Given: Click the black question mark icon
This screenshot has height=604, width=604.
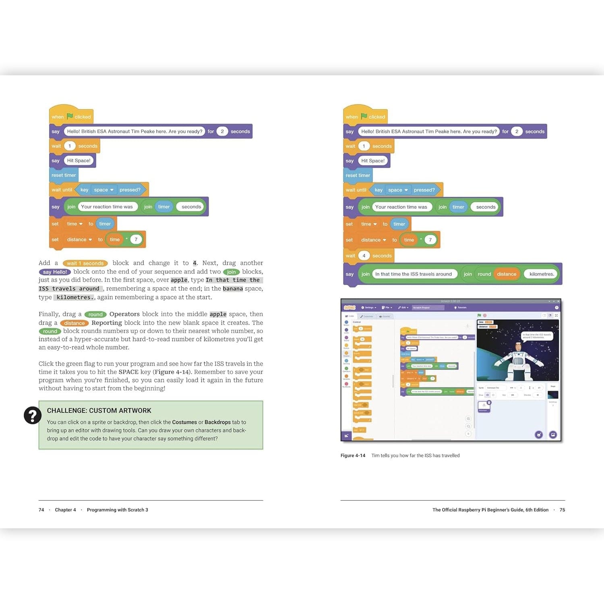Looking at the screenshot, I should [33, 415].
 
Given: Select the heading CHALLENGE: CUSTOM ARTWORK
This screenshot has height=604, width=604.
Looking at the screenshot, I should [99, 410].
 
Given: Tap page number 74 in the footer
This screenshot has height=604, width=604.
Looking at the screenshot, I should [41, 510].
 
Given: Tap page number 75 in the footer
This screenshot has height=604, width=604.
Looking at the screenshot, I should [562, 510].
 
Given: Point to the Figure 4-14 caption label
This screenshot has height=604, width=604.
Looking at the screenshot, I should [353, 455].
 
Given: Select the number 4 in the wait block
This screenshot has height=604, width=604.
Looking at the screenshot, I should [364, 256].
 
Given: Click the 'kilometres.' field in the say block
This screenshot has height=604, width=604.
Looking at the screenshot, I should [542, 274].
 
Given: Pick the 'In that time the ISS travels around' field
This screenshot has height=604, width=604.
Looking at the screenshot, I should [414, 274].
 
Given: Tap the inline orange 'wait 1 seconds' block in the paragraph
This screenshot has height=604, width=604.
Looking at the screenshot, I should [85, 263].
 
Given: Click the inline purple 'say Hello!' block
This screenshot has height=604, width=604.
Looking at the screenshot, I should [55, 272].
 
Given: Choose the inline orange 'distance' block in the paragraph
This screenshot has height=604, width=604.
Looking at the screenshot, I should [74, 323].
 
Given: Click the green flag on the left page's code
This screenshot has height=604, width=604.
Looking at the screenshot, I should [70, 116].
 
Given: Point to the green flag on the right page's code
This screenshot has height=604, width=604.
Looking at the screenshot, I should [364, 116].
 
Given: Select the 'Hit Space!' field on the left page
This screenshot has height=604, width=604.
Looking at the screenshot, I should [79, 161].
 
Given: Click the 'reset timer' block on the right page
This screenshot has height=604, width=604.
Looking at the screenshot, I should [358, 175].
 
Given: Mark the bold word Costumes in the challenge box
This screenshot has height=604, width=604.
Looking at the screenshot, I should [184, 422].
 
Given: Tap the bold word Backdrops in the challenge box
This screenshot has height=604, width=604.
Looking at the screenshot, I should [217, 422].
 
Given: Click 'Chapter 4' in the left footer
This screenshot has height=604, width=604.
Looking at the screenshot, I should [65, 510].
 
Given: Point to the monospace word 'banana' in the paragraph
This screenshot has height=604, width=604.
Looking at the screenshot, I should [233, 289].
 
